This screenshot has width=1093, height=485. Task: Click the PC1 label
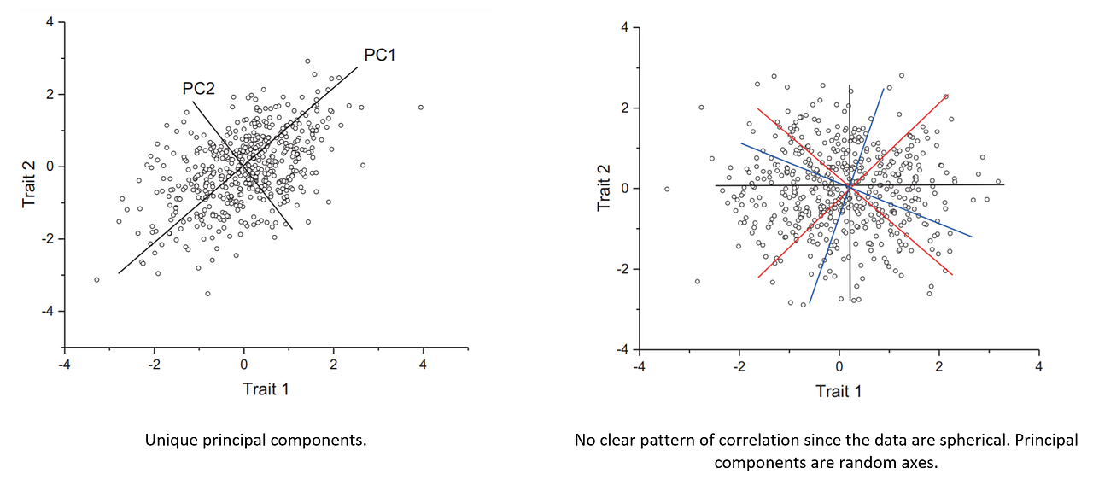pos(379,55)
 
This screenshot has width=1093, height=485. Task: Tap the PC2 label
pos(197,88)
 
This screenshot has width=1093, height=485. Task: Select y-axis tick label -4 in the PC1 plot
pos(48,311)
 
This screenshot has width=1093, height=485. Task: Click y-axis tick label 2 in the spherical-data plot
pos(624,108)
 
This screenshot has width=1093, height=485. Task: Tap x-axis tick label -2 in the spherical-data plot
pos(737,366)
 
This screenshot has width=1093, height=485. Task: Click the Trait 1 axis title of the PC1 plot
pos(265,389)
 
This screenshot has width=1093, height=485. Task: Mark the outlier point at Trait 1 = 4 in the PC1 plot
pos(420,108)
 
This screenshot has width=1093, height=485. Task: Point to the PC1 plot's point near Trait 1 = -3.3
pos(96,279)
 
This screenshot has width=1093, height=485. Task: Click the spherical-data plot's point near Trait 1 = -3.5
pos(667,189)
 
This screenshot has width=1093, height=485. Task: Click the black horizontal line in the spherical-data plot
pos(939,184)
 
